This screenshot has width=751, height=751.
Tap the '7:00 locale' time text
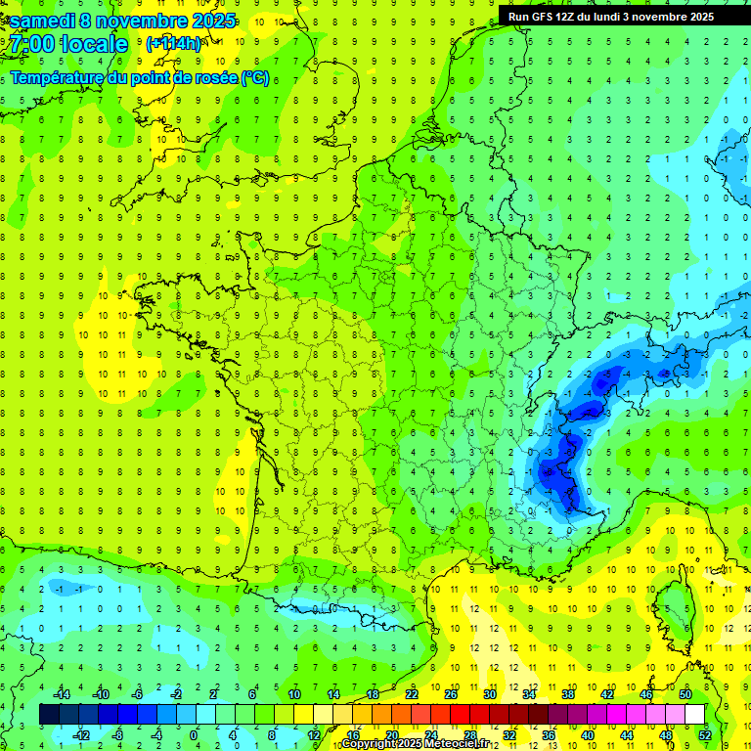click(x=68, y=44)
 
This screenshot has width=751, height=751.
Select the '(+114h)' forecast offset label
click(x=173, y=44)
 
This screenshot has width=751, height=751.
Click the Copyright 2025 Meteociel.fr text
click(x=415, y=744)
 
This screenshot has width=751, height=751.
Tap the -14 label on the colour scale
click(x=62, y=693)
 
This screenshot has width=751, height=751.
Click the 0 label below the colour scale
click(x=194, y=734)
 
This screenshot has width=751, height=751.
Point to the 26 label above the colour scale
click(x=450, y=693)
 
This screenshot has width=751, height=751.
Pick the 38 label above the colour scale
click(x=567, y=693)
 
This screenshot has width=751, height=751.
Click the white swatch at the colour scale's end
click(x=694, y=714)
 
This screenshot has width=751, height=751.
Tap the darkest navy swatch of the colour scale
click(x=49, y=714)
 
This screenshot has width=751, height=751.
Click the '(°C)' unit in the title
click(x=255, y=77)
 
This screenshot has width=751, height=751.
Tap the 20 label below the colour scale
click(x=391, y=734)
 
